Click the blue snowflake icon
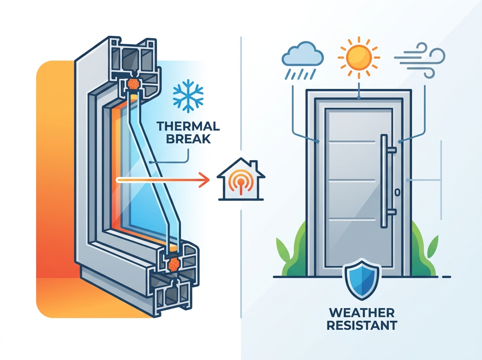coord(188,96)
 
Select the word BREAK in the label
coord(188,139)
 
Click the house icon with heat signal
coord(241,179)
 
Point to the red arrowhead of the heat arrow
coord(204,180)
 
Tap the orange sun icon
coord(359,57)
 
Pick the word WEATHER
coord(362,313)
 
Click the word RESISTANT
coord(362,325)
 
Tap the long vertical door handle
coord(384,181)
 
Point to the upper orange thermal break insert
coord(133,84)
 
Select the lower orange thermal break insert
coord(174,264)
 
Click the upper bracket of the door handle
coord(392,150)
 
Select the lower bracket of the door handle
coord(392,212)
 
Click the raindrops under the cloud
coord(300,74)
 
